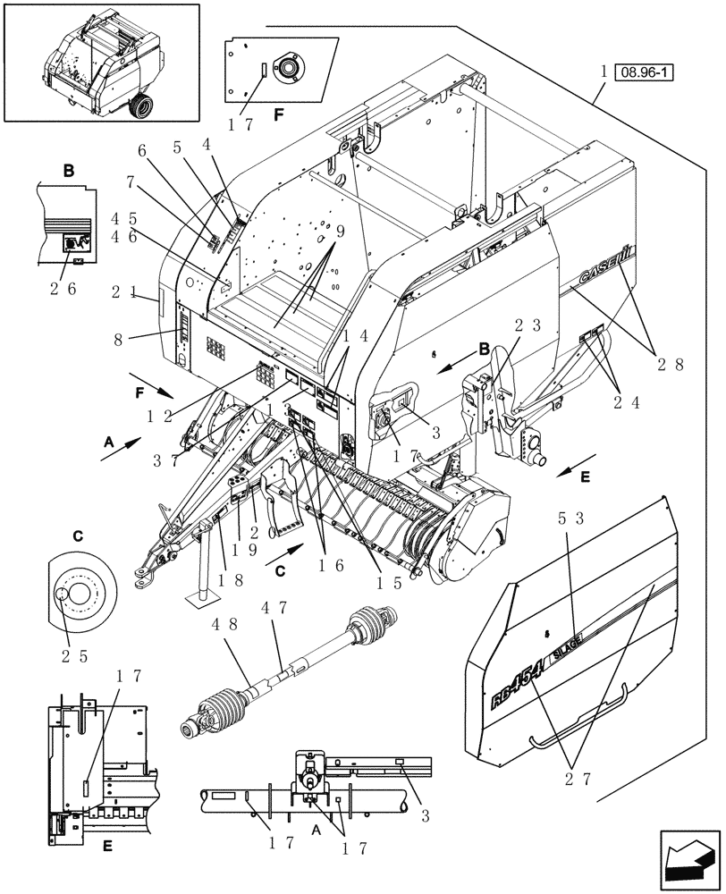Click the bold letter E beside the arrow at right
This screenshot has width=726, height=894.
click(x=586, y=478)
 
